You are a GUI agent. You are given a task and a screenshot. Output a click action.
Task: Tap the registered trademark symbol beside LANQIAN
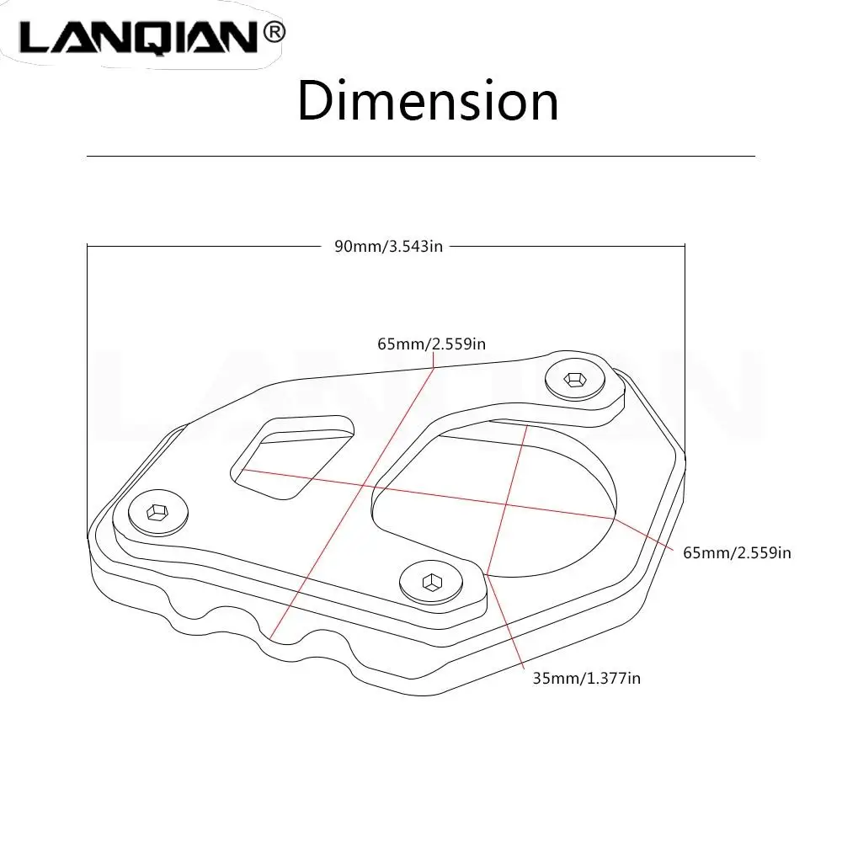[274, 33]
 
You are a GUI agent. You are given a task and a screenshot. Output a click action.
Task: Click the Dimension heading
[428, 101]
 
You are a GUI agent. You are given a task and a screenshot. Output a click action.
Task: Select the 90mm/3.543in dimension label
[388, 246]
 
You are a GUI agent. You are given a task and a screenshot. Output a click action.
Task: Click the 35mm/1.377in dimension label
[586, 677]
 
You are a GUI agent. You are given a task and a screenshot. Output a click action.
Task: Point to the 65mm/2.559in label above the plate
[431, 343]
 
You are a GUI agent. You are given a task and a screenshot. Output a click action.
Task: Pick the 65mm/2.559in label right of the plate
[738, 552]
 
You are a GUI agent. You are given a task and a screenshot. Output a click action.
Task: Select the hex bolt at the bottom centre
[431, 580]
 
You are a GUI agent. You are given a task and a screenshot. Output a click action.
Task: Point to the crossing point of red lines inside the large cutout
[507, 506]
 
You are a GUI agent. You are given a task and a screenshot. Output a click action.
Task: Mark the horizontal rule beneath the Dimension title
[421, 157]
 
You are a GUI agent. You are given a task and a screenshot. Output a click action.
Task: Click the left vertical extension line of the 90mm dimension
[88, 387]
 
